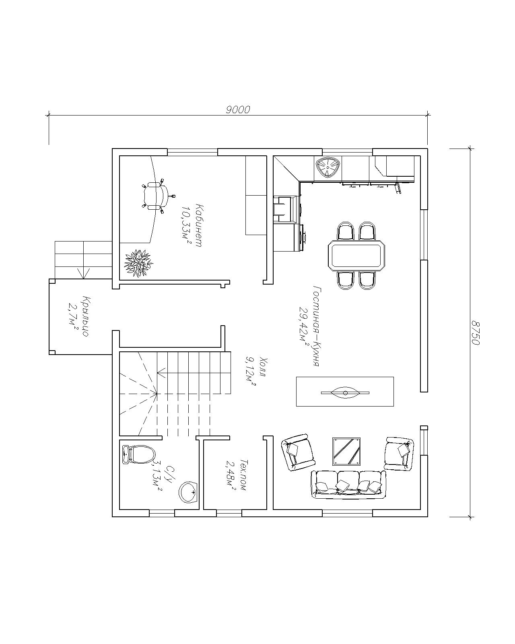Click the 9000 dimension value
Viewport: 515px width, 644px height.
click(238, 110)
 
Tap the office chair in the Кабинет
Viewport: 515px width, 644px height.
click(157, 196)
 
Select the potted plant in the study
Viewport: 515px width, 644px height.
click(138, 263)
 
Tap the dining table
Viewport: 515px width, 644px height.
click(356, 255)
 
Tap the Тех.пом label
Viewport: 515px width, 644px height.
click(243, 475)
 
